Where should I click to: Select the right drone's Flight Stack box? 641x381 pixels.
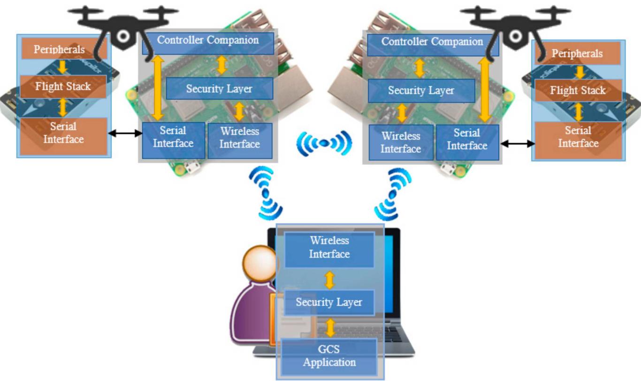pyautogui.click(x=578, y=90)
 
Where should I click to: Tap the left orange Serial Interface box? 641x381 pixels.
pyautogui.click(x=63, y=133)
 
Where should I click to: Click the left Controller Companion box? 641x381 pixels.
pyautogui.click(x=208, y=41)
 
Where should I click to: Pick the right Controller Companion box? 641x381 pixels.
pyautogui.click(x=432, y=42)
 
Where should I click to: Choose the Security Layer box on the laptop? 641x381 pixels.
pyautogui.click(x=328, y=302)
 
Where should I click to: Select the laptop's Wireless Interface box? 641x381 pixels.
pyautogui.click(x=329, y=248)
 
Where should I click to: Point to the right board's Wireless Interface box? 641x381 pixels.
pyautogui.click(x=400, y=142)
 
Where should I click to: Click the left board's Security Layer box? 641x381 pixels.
pyautogui.click(x=219, y=89)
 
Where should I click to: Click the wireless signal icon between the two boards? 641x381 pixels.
pyautogui.click(x=324, y=143)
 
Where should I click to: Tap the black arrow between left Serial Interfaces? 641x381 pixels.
pyautogui.click(x=125, y=134)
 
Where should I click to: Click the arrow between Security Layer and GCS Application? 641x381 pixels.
pyautogui.click(x=330, y=327)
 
